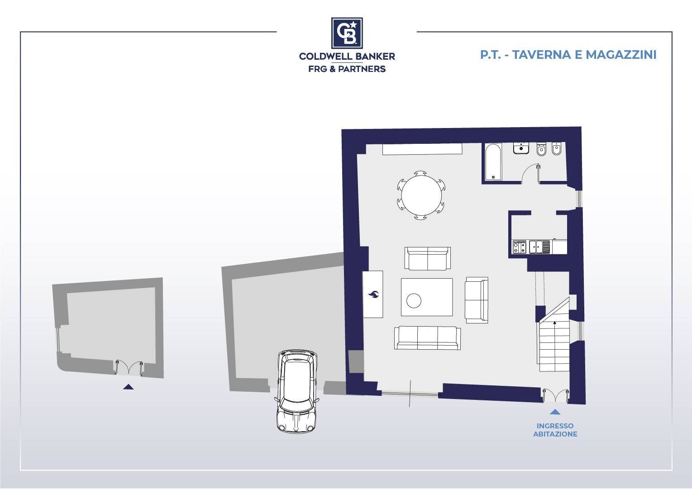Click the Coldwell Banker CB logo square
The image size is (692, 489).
pyautogui.click(x=347, y=33)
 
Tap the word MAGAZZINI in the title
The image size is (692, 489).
pyautogui.click(x=621, y=55)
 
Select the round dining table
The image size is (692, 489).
pyautogui.click(x=421, y=195)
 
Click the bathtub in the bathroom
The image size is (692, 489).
pyautogui.click(x=493, y=161)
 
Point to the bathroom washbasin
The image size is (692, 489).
pyautogui.click(x=521, y=148)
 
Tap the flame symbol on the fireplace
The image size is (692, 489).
pyautogui.click(x=374, y=294)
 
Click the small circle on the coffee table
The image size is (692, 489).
pyautogui.click(x=414, y=300)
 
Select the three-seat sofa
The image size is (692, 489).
pyautogui.click(x=427, y=338)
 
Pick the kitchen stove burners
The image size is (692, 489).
pyautogui.click(x=519, y=247)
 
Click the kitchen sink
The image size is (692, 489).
pyautogui.click(x=539, y=247)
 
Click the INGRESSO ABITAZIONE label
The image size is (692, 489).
pyautogui.click(x=555, y=430)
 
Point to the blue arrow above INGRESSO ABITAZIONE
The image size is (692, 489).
pyautogui.click(x=555, y=412)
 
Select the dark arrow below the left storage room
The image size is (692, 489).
pyautogui.click(x=129, y=387)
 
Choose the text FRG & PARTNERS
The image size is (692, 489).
pyautogui.click(x=347, y=69)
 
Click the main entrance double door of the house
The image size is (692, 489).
pyautogui.click(x=556, y=396)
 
